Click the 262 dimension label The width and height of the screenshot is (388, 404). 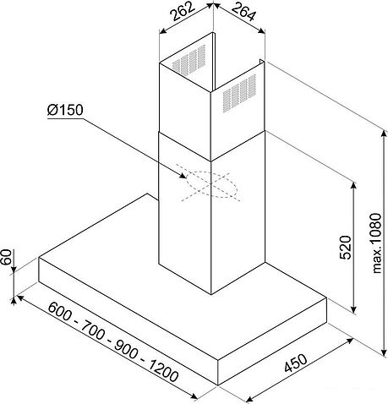[x=183, y=12]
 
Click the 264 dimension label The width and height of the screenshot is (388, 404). [x=243, y=12]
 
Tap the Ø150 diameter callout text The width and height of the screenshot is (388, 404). [x=65, y=110]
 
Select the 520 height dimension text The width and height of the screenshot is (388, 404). [x=346, y=248]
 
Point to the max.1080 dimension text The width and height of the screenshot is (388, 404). [x=376, y=243]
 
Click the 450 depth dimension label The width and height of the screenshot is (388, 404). [x=295, y=363]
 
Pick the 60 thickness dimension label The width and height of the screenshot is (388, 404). [x=7, y=257]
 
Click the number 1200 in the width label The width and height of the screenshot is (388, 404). [x=163, y=369]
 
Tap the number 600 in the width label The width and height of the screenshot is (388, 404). [x=60, y=311]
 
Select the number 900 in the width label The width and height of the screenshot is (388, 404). [x=127, y=349]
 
